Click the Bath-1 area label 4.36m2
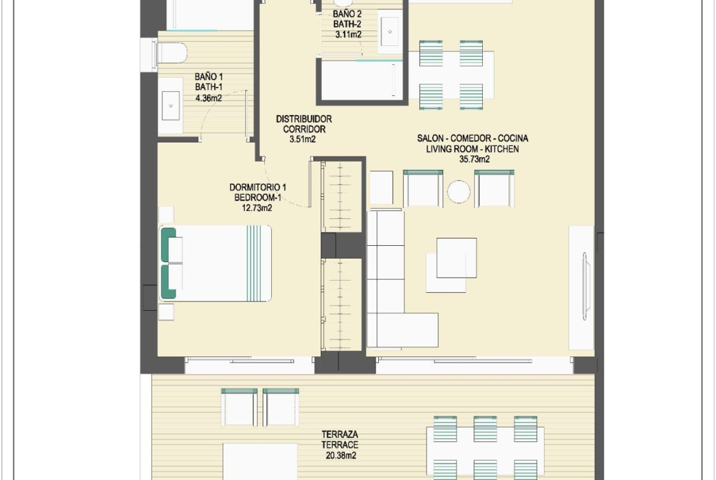point(209,98)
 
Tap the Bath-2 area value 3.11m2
point(348,34)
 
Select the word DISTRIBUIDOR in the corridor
point(304,119)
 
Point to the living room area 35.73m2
point(474,159)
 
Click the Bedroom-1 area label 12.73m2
point(257,208)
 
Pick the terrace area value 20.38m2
point(341,456)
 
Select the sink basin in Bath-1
point(171,105)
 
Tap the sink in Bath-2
point(389,32)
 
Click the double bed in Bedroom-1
point(215,264)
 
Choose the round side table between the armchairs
point(458,191)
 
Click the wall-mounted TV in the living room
point(586,286)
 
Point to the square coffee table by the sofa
point(456,258)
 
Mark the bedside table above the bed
point(166,215)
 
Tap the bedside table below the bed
point(166,312)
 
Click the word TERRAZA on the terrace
point(340,434)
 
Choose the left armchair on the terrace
point(239,407)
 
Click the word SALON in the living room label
point(430,138)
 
